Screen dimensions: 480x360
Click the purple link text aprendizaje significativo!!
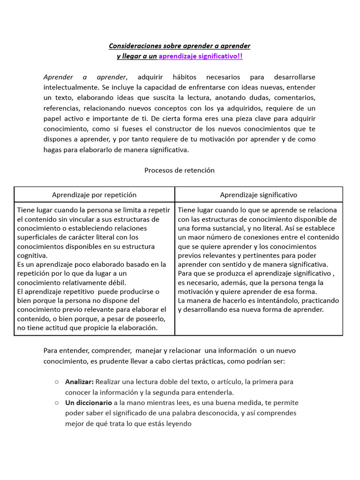[x=201, y=56]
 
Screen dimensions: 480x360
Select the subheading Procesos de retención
[x=180, y=170]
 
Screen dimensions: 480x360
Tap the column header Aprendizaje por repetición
[x=94, y=195]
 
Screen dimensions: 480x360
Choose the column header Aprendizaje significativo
[x=258, y=195]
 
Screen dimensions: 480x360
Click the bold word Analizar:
[x=79, y=382]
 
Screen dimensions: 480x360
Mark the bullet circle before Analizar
[x=56, y=382]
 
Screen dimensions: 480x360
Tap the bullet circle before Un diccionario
[x=56, y=403]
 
